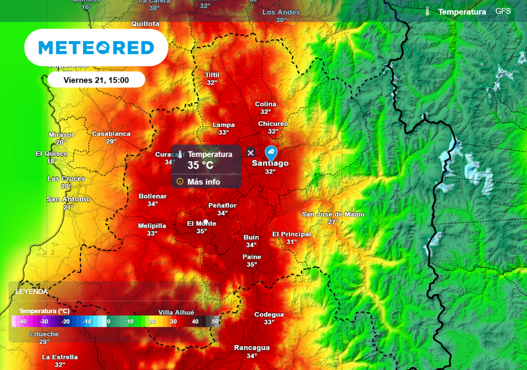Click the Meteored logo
tap(96, 48)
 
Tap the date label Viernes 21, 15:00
tap(96, 80)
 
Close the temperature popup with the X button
tap(251, 153)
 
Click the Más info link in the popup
tap(203, 181)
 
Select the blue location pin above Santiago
tap(271, 153)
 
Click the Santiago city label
tap(270, 163)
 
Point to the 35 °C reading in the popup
tap(200, 165)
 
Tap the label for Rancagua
tap(252, 348)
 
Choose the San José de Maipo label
tap(333, 214)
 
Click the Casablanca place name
tap(111, 134)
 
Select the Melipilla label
tap(152, 226)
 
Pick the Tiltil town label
tap(212, 75)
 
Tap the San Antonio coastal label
tap(68, 199)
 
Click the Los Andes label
tap(281, 12)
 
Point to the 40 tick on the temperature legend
tap(195, 322)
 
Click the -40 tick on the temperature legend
tap(22, 322)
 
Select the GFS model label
tap(503, 11)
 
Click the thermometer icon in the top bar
tap(428, 11)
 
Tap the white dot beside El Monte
tap(206, 221)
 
